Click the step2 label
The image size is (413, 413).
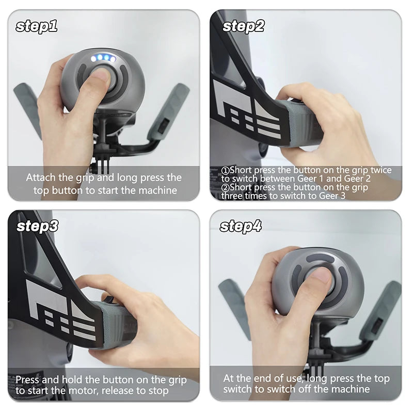tap(243, 26)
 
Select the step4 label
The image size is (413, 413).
tap(241, 226)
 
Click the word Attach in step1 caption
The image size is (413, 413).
tap(41, 178)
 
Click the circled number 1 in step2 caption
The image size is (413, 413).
tap(225, 170)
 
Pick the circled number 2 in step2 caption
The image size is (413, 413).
tap(225, 187)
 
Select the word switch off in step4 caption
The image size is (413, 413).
tap(279, 389)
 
